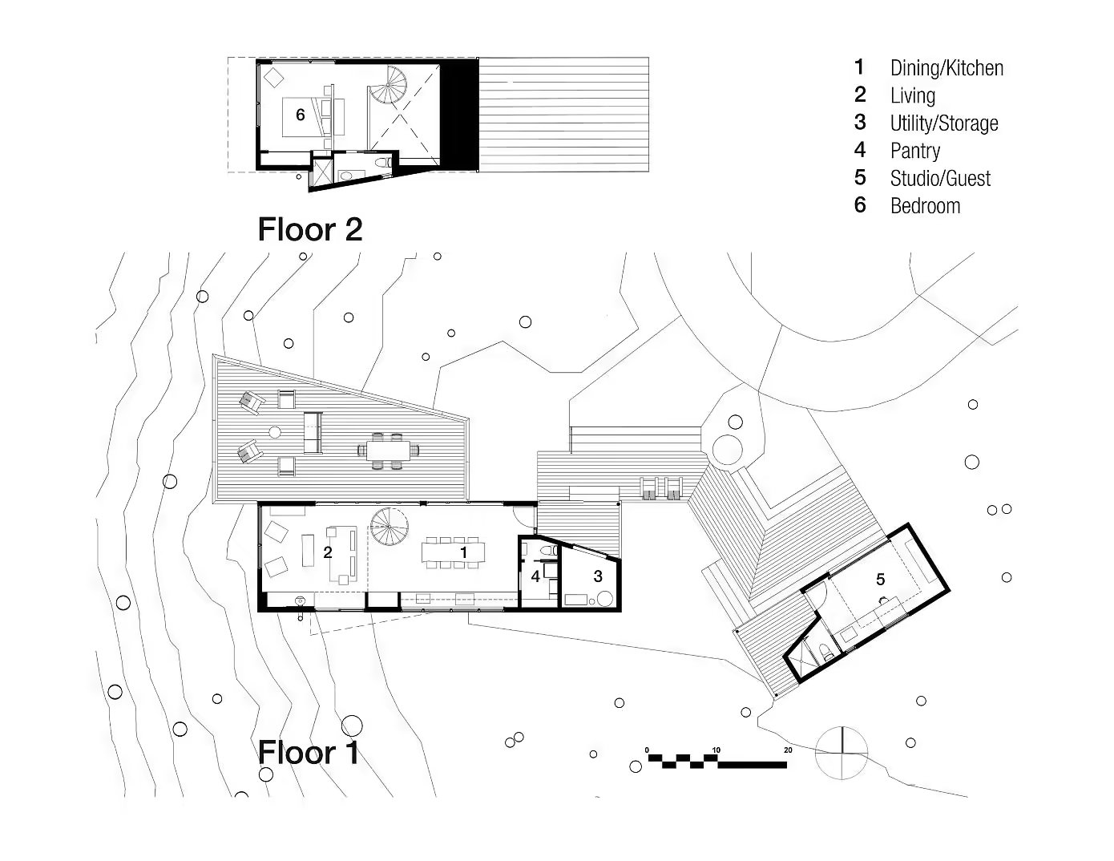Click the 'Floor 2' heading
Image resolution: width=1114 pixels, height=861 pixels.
[x=309, y=230]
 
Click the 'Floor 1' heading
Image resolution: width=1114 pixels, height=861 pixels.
[x=308, y=753]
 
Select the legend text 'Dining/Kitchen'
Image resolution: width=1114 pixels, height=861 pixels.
[x=946, y=69]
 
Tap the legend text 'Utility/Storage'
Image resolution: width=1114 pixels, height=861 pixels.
[x=944, y=123]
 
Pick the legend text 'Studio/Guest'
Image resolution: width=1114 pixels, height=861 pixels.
[x=940, y=179]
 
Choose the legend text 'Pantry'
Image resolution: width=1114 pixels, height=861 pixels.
[x=914, y=151]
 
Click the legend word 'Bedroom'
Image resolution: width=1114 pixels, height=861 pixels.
[x=925, y=206]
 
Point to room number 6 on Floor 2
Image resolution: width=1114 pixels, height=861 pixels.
[x=301, y=115]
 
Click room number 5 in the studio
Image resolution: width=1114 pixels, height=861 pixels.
[x=880, y=579]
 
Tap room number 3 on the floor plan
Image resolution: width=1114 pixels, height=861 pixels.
[x=597, y=576]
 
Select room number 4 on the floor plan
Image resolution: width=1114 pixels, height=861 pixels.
[x=535, y=576]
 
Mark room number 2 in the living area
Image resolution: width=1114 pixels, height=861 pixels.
[x=327, y=552]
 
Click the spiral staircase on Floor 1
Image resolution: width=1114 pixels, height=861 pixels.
[x=389, y=528]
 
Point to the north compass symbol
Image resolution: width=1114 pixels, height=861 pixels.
[x=841, y=752]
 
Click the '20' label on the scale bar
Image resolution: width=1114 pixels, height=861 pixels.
[x=788, y=750]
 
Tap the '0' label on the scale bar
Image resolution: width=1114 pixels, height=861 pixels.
[x=647, y=750]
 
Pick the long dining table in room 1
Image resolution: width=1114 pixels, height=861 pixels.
[x=453, y=552]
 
